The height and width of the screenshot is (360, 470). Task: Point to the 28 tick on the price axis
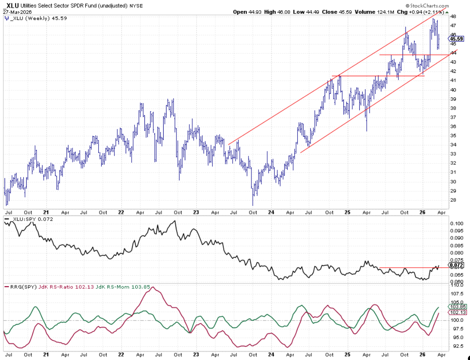click(x=453, y=200)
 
